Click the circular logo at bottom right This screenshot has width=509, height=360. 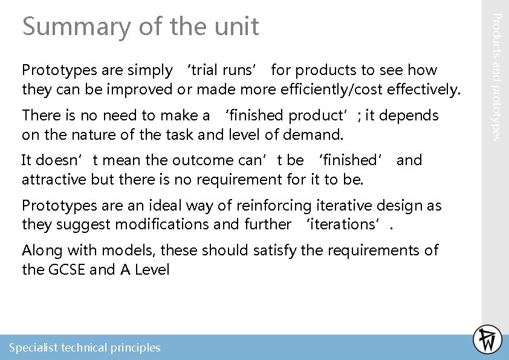point(487,339)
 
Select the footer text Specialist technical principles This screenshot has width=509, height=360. point(85,348)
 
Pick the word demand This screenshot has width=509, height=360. point(318,134)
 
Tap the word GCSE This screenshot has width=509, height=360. point(65,269)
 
